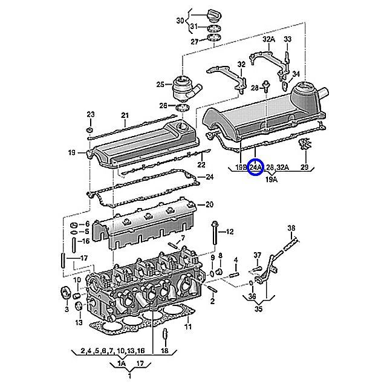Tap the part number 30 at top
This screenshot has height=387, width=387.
click(x=180, y=21)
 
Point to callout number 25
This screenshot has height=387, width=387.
click(x=160, y=84)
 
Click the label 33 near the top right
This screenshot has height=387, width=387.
click(x=288, y=39)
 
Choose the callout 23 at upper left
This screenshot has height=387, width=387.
click(x=91, y=114)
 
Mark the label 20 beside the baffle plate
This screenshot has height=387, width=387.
click(x=210, y=204)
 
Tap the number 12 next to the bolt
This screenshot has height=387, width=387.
click(x=230, y=232)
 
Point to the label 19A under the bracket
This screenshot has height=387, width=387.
click(x=272, y=180)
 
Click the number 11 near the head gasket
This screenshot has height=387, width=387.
click(x=188, y=327)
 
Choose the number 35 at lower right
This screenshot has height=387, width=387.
click(x=259, y=311)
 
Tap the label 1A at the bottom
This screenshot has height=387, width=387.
click(x=121, y=363)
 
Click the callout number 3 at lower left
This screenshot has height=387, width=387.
click(x=67, y=309)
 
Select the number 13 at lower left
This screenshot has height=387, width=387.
click(x=79, y=323)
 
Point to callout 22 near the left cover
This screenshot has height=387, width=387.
click(x=202, y=165)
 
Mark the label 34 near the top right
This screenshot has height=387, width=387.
click(x=296, y=74)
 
